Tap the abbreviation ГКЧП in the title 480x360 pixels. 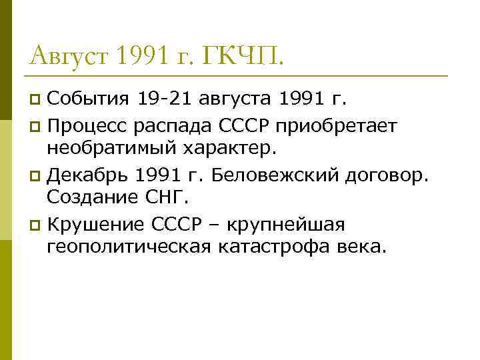click(247, 55)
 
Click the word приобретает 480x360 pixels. click(340, 125)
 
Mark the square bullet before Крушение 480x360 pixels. click(35, 224)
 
